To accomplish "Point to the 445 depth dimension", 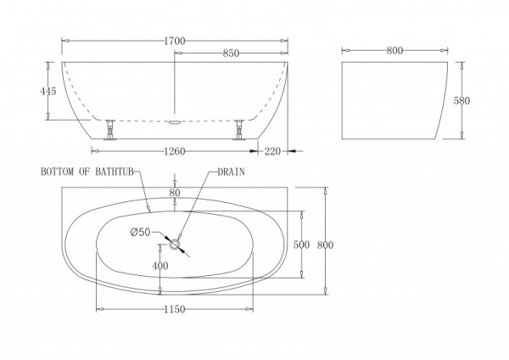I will (x=49, y=91).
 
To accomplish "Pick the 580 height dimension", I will (x=461, y=100).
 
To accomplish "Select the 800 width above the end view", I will (x=394, y=50).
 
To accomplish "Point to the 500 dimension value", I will (x=299, y=245).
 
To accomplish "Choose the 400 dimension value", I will (x=159, y=267).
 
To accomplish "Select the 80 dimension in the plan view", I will (x=174, y=192).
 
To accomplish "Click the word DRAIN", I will (x=232, y=171).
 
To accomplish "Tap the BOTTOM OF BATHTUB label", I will (x=85, y=171).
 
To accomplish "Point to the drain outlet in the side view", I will (x=175, y=121).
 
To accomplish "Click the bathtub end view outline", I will (x=394, y=101).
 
